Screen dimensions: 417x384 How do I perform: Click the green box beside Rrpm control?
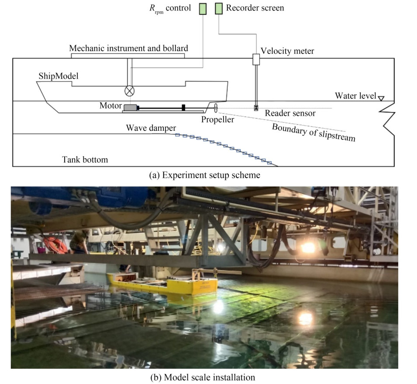(x=203, y=8)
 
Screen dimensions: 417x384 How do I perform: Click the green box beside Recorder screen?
(x=219, y=8)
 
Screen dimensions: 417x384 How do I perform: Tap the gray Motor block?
(x=130, y=107)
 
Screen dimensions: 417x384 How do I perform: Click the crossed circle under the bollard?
(x=130, y=91)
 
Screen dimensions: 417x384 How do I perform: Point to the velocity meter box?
(x=256, y=59)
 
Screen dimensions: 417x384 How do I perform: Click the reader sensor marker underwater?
(x=256, y=108)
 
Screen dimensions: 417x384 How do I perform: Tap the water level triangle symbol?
(x=381, y=98)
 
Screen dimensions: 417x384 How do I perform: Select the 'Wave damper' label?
(x=151, y=128)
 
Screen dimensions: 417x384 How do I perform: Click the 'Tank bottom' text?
(x=85, y=160)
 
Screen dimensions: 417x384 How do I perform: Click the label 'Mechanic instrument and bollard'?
(x=127, y=49)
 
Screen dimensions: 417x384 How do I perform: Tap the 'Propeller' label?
(x=218, y=119)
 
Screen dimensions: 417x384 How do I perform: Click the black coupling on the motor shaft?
(x=184, y=107)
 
